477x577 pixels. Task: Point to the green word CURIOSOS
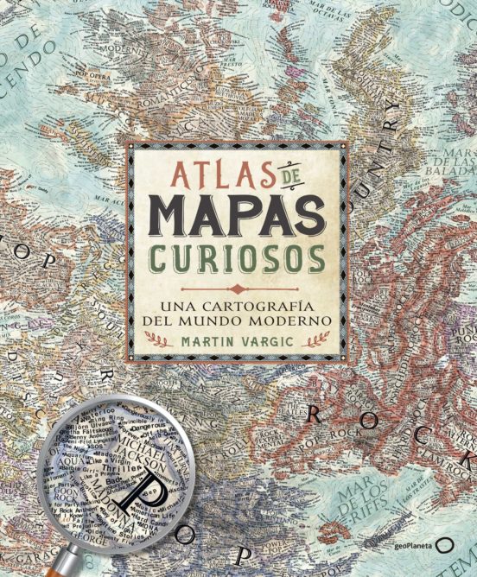coord(238,257)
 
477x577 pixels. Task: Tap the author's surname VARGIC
coord(269,339)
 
